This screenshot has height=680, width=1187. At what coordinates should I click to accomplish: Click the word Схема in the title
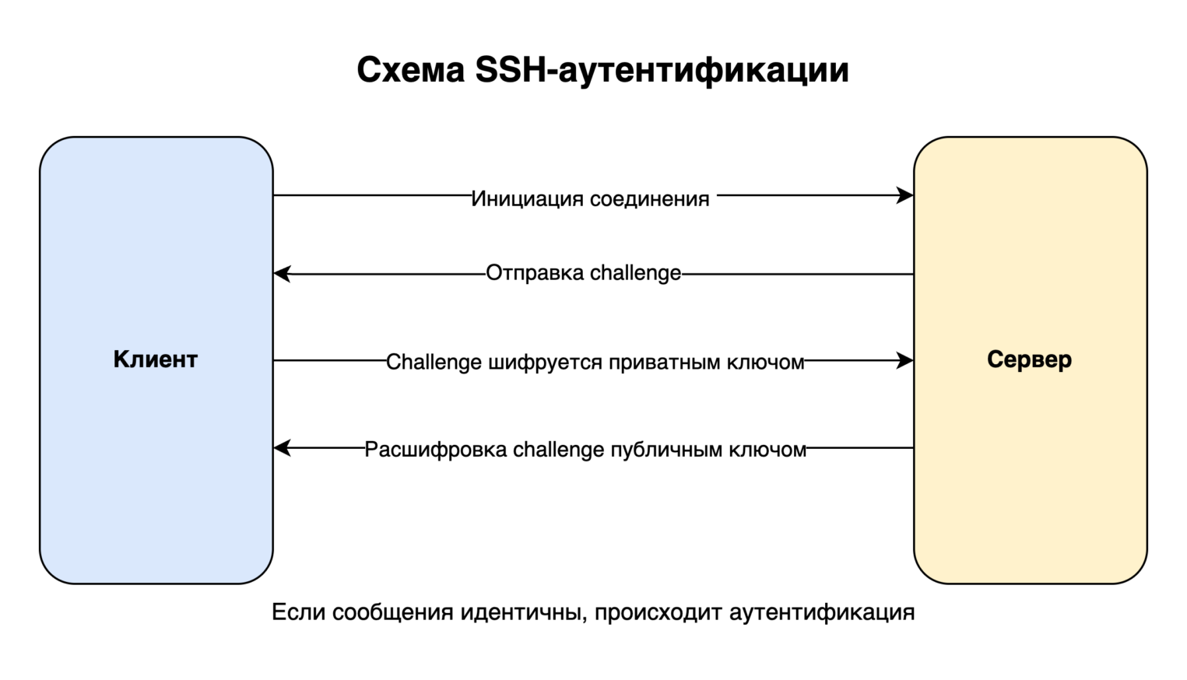click(x=409, y=70)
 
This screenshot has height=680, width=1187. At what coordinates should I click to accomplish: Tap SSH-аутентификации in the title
click(x=662, y=70)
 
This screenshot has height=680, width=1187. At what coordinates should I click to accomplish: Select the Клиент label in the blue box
click(x=156, y=359)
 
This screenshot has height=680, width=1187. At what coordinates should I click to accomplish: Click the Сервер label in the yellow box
click(x=1029, y=359)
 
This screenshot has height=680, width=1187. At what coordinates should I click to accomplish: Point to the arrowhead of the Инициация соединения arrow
click(x=905, y=195)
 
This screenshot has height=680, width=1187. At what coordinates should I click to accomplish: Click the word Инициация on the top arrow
click(x=527, y=199)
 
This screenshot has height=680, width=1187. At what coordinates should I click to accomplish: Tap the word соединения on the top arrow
click(x=649, y=199)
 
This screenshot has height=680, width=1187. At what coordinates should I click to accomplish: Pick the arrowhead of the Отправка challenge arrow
click(x=282, y=274)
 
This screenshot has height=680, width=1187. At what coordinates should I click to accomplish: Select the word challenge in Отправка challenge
click(x=635, y=274)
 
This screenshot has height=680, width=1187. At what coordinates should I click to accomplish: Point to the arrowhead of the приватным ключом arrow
click(x=905, y=360)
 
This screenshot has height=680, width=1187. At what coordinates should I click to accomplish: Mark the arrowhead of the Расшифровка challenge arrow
click(x=282, y=448)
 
